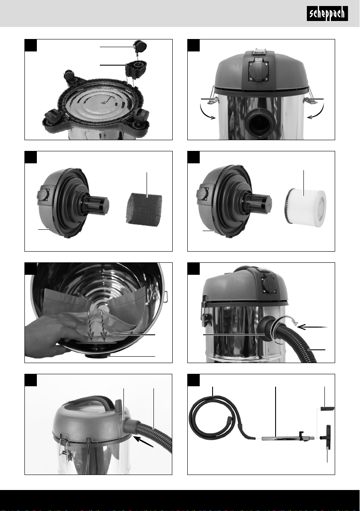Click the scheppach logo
[x=327, y=14]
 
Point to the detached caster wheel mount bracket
[x=135, y=68]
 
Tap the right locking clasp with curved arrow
[x=309, y=97]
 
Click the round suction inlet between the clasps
[x=260, y=122]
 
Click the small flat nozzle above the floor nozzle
[x=327, y=409]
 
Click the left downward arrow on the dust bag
[x=90, y=325]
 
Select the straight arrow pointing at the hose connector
[x=312, y=326]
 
